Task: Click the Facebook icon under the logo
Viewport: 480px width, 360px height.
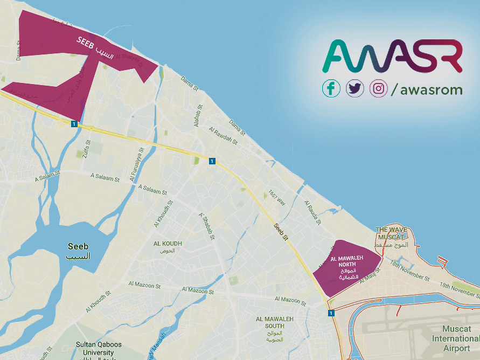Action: point(331,88)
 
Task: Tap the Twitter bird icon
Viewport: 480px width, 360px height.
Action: point(355,88)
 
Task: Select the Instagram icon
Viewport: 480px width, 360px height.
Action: point(379,88)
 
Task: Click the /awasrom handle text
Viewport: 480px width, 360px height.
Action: point(427,89)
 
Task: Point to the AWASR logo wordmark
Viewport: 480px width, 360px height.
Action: point(392,56)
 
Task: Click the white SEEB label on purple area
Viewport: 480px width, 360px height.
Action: point(86,41)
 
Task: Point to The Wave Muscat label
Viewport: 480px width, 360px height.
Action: point(392,233)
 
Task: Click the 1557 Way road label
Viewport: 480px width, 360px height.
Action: point(277,198)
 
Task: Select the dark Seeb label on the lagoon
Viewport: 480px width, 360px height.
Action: point(78,251)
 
